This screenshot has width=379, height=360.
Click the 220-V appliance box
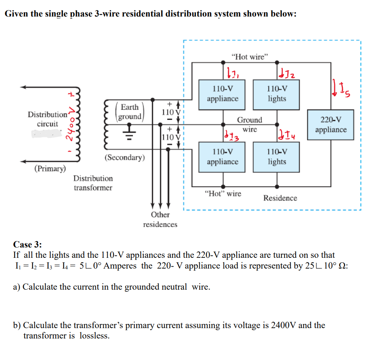point(331,125)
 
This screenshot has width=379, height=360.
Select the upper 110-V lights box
point(277,94)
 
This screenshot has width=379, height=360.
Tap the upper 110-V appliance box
point(222,94)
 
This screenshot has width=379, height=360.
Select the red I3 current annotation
point(229,134)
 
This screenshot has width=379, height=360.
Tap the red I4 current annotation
point(285,134)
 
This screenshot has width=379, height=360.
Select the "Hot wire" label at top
point(250,57)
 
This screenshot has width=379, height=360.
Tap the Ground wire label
point(250,125)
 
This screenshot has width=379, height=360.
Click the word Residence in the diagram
point(280,198)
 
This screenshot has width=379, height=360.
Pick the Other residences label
point(160,219)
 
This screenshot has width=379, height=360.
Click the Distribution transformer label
point(93,183)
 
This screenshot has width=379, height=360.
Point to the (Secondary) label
point(124,158)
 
